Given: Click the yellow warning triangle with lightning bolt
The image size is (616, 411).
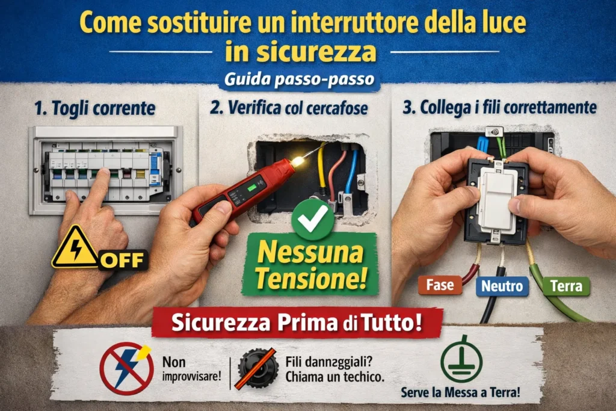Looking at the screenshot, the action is coord(75,248).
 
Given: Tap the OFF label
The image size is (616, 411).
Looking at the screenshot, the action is coord(123,260).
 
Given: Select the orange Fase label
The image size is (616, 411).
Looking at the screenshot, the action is coord(440,285).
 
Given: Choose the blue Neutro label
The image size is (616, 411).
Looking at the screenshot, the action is coord(502,286).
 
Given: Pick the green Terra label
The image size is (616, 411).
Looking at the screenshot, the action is coord(565,286).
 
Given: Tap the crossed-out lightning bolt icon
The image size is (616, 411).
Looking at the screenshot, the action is coord(126,368).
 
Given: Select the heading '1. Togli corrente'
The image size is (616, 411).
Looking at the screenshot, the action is coord(94,108).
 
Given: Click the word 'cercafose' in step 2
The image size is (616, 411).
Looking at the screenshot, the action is coord(337,108).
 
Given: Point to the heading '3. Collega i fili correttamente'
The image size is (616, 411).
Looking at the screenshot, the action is coord(499,107).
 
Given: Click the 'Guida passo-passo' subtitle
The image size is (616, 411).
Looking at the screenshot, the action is coord(299,79).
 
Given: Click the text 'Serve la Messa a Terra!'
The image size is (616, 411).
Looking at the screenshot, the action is coord(460,392).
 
